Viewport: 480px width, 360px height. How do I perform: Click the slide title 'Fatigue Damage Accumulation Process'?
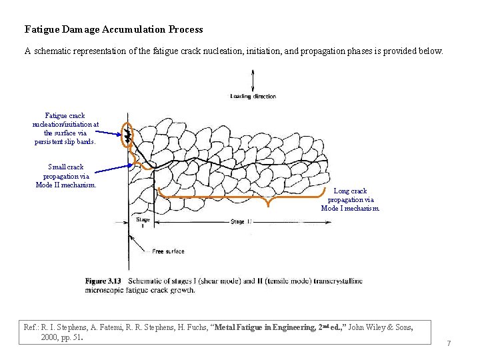coord(113,29)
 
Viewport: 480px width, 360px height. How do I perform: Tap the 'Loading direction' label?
coord(253,97)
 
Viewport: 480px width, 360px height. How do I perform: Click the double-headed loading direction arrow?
coord(253,81)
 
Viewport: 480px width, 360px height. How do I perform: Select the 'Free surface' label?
coord(168,251)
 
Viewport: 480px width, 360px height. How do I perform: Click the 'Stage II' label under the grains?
coord(241,222)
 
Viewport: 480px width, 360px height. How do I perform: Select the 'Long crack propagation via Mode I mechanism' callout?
coord(350,199)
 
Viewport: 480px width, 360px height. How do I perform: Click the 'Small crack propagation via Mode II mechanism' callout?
coord(66,176)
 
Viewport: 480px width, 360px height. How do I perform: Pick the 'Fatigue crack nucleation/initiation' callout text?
coord(65,128)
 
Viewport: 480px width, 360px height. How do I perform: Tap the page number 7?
coord(449,343)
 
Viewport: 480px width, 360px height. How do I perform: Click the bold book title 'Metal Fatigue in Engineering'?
coord(265,327)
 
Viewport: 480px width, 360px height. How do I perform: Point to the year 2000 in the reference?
coord(49,337)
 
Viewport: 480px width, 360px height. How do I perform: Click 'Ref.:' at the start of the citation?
coord(31,327)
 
